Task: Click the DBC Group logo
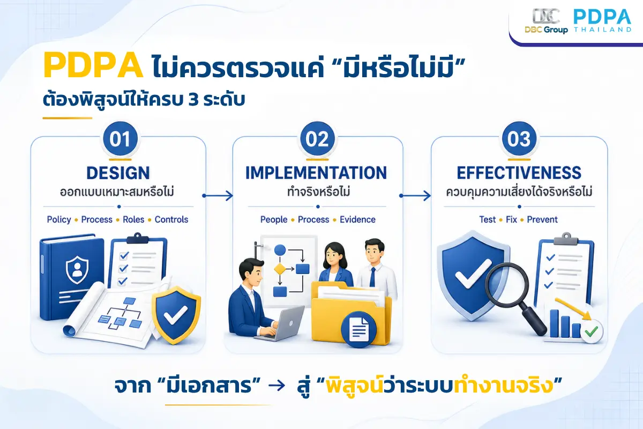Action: [x=546, y=21]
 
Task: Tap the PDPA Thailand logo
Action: [x=602, y=20]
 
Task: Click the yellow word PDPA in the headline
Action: [x=93, y=65]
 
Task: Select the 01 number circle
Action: [x=120, y=139]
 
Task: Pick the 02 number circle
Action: [x=317, y=139]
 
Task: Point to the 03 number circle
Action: [x=519, y=139]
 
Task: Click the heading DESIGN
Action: [x=118, y=173]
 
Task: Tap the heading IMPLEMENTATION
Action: [x=316, y=173]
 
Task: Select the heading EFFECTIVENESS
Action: [x=519, y=173]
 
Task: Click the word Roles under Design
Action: [x=133, y=219]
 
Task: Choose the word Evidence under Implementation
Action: [x=358, y=219]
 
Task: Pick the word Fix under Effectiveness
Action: [x=511, y=219]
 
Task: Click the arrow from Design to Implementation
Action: [x=218, y=196]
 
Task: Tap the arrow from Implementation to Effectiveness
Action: [x=415, y=196]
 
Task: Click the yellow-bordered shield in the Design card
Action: [x=176, y=315]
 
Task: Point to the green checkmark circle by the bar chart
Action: [x=592, y=331]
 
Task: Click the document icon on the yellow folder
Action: [x=359, y=329]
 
